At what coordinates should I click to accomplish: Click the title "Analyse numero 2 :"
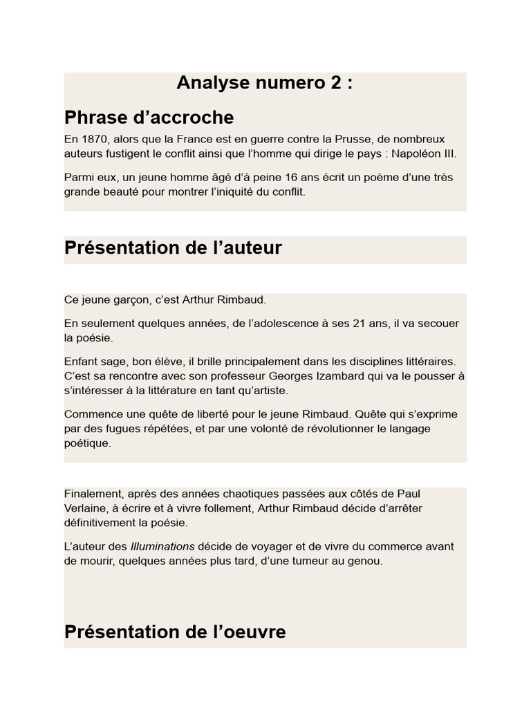265,84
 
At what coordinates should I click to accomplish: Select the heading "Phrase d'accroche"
149,117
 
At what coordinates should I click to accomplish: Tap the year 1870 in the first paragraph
95,139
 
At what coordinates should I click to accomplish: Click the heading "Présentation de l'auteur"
173,248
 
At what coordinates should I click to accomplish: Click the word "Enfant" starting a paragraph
82,362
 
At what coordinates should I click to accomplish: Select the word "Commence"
93,414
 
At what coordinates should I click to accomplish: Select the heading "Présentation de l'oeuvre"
175,632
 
